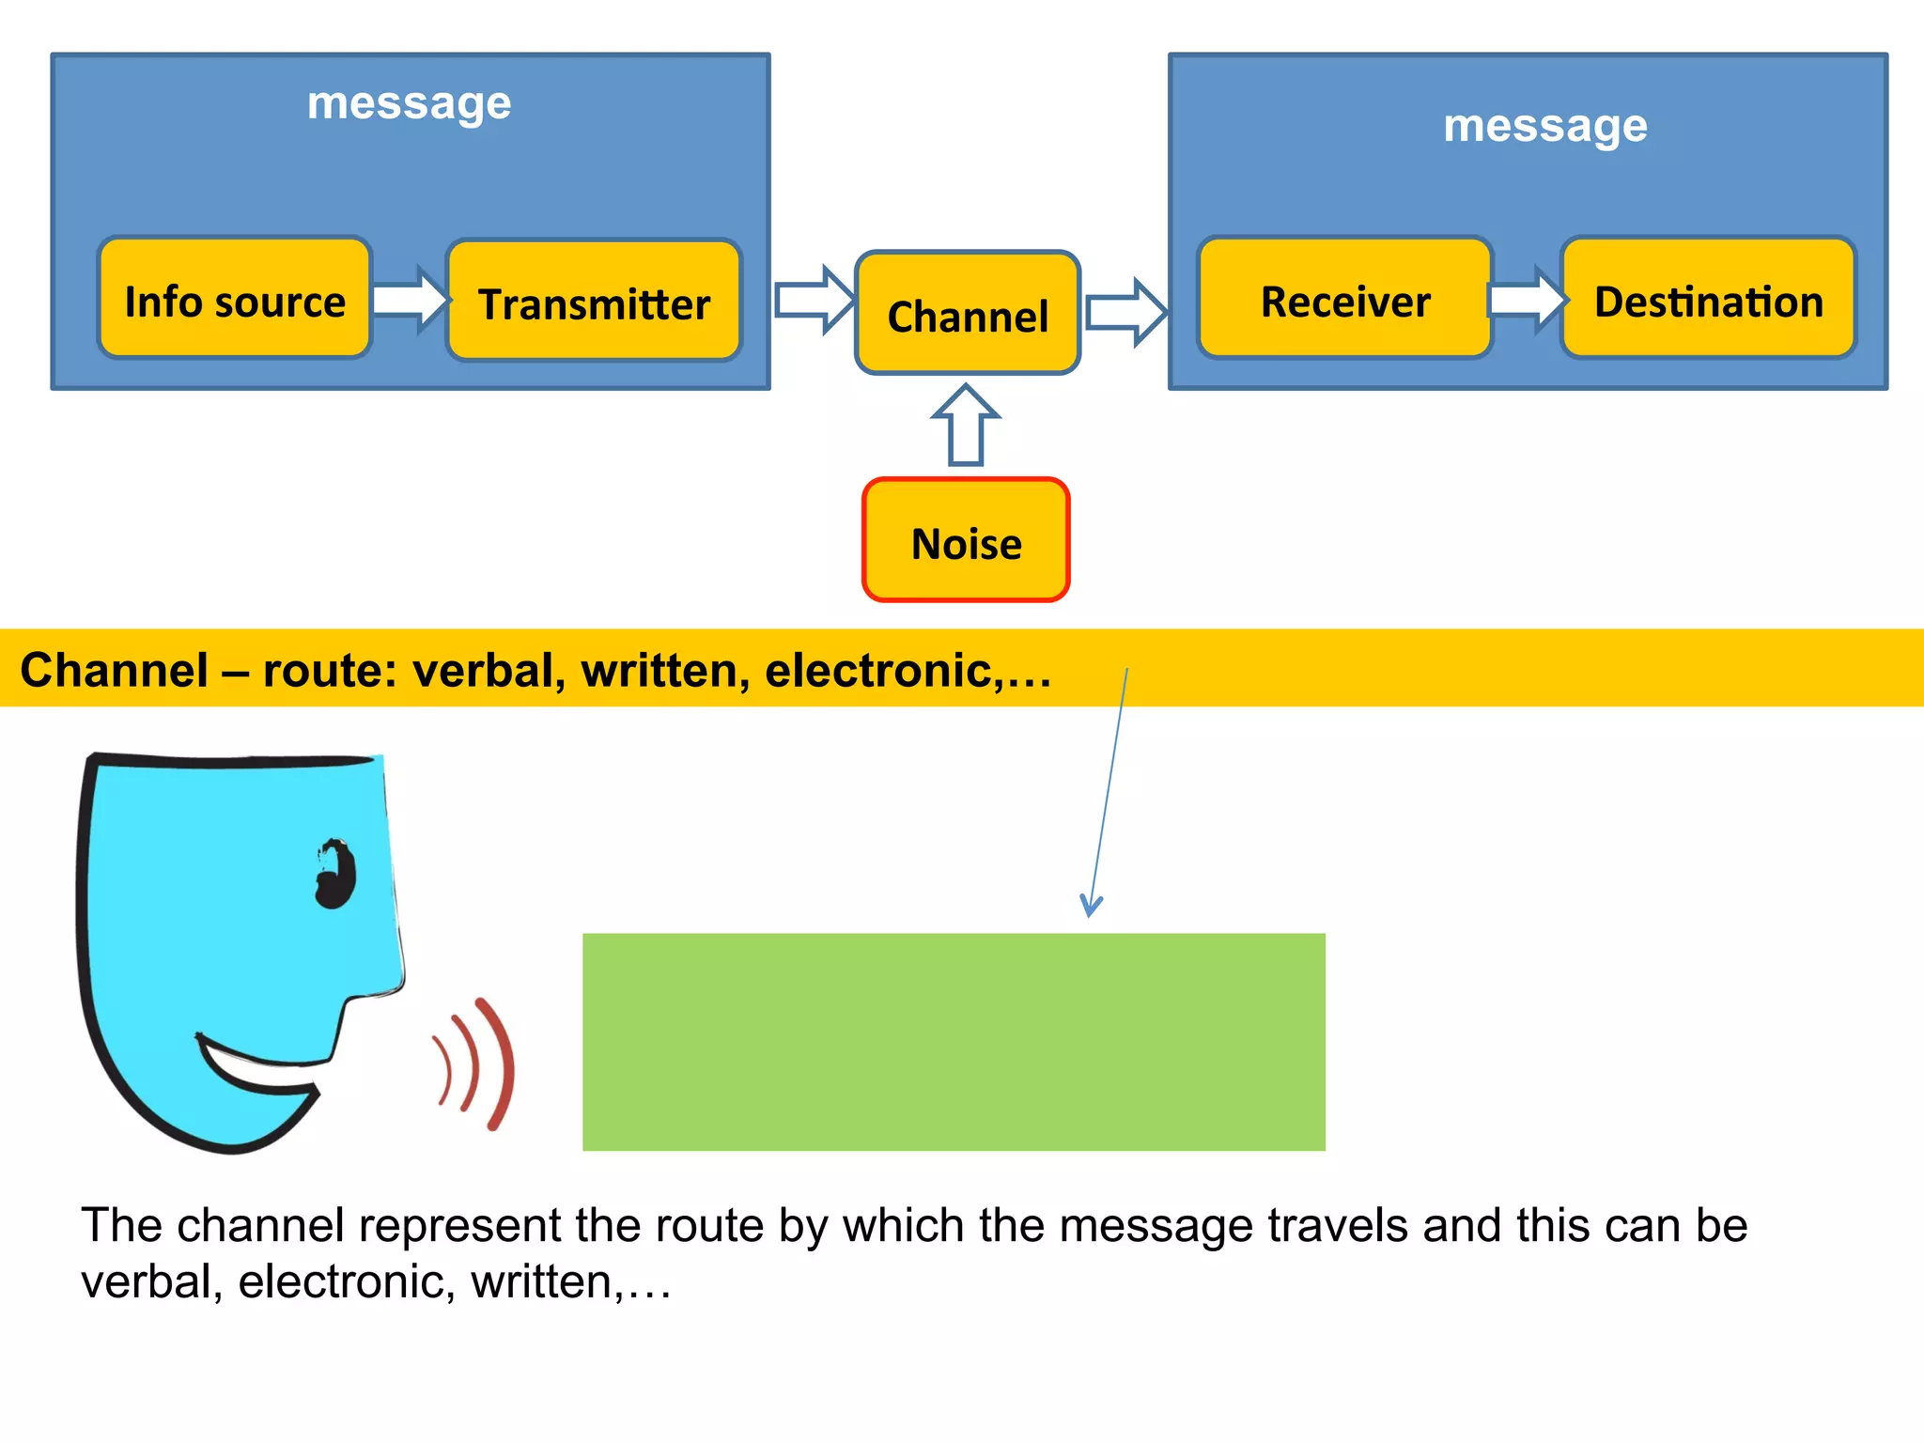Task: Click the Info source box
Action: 235,299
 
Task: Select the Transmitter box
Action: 594,301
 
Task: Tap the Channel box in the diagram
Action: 968,313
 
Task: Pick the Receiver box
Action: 1344,299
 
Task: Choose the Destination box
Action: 1708,299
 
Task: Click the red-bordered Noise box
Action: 966,540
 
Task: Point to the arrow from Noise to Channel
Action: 966,425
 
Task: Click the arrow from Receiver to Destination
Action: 1528,300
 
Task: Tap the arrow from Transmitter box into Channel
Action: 814,300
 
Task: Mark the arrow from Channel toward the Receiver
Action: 1125,312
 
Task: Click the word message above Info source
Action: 409,103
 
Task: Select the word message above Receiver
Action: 1544,126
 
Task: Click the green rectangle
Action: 953,1041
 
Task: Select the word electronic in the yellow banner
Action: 878,670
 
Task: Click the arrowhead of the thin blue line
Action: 1090,907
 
